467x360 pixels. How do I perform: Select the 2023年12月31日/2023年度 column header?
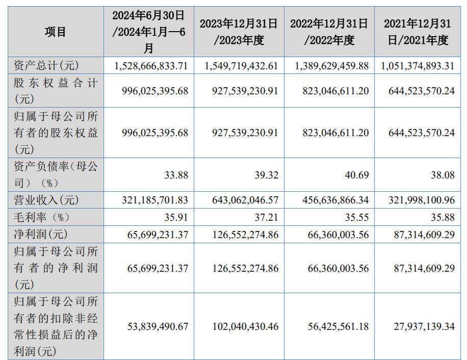pyautogui.click(x=239, y=32)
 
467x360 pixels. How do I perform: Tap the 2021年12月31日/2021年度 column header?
pyautogui.click(x=418, y=32)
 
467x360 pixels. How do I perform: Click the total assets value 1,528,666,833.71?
pyautogui.click(x=152, y=66)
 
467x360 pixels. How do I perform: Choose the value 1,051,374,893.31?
pyautogui.click(x=418, y=66)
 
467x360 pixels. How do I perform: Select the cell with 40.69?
pyautogui.click(x=356, y=175)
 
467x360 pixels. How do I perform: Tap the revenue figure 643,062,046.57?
pyautogui.click(x=245, y=200)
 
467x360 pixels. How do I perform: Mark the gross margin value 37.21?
pyautogui.click(x=267, y=217)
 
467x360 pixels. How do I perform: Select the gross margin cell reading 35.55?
pyautogui.click(x=356, y=217)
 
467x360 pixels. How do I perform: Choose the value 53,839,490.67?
pyautogui.click(x=158, y=326)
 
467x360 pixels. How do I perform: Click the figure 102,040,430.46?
pyautogui.click(x=245, y=326)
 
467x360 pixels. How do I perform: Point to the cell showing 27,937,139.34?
pyautogui.click(x=424, y=326)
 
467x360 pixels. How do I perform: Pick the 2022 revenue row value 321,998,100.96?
pyautogui.click(x=421, y=200)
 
